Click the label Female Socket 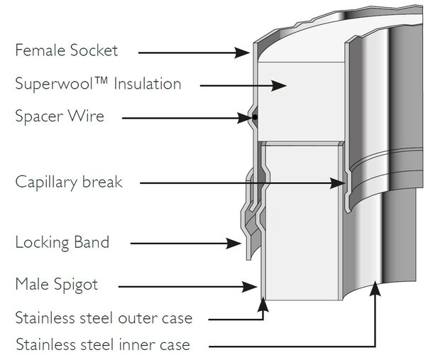[67, 50]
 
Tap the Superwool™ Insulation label [98, 84]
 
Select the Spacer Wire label [60, 116]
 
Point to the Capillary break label [69, 182]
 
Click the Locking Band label [62, 242]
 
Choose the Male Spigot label [57, 285]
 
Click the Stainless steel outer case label [104, 318]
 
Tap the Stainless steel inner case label [103, 344]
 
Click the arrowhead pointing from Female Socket [242, 53]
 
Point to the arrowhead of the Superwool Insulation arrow [279, 86]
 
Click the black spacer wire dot [255, 117]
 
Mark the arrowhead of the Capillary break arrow [338, 183]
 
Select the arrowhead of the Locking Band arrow [234, 244]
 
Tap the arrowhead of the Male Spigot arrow [250, 286]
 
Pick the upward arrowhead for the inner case [375, 288]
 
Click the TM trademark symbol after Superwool [102, 80]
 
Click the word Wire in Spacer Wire [86, 116]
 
